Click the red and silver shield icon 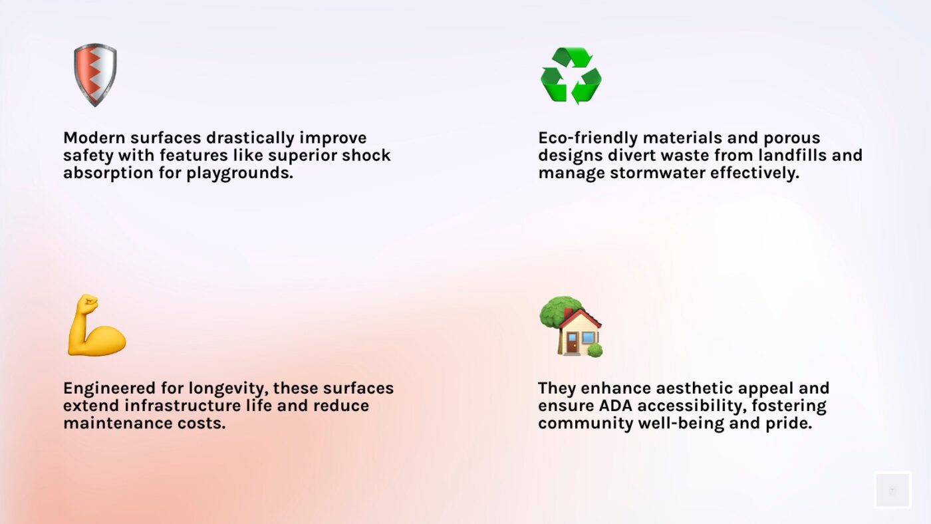[x=95, y=74]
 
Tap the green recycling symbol [x=571, y=75]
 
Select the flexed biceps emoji [x=96, y=326]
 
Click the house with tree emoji [x=571, y=327]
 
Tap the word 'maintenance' [x=111, y=423]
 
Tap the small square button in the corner [x=892, y=490]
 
